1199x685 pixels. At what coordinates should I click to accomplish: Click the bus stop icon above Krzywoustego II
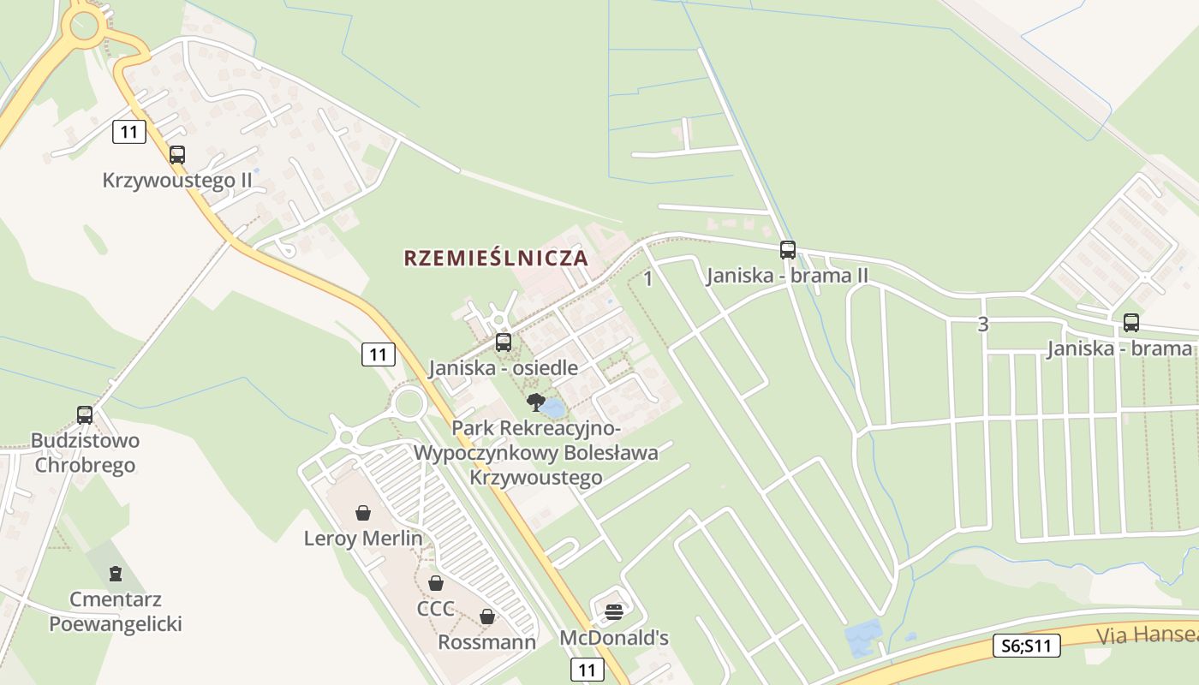click(x=177, y=155)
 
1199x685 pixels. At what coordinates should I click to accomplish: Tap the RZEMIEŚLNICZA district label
click(x=496, y=258)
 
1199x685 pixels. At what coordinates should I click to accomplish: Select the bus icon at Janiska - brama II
click(x=788, y=250)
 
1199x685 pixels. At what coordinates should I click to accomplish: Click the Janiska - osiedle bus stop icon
click(x=504, y=342)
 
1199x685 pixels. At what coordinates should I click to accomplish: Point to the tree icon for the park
click(x=535, y=402)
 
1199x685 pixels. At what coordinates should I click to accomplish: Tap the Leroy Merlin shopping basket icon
click(x=363, y=513)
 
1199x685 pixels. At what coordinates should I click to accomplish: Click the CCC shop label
click(x=435, y=609)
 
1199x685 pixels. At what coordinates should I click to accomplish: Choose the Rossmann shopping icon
click(x=487, y=616)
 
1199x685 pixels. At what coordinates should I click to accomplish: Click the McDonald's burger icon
click(x=614, y=611)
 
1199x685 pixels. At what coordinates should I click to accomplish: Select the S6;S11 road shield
click(x=1027, y=646)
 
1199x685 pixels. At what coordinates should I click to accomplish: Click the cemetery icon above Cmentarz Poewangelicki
click(x=116, y=574)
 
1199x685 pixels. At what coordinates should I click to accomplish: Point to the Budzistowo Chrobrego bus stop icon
click(x=85, y=415)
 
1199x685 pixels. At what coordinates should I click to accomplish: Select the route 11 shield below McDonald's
click(x=587, y=670)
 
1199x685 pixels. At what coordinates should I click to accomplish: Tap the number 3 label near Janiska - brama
click(x=982, y=325)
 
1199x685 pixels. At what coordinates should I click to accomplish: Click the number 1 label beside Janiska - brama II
click(x=648, y=278)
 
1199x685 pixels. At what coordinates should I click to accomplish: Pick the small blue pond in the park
click(x=553, y=408)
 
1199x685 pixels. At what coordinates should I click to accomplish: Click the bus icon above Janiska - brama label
click(x=1131, y=323)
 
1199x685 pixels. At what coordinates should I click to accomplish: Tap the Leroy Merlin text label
click(x=363, y=539)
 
